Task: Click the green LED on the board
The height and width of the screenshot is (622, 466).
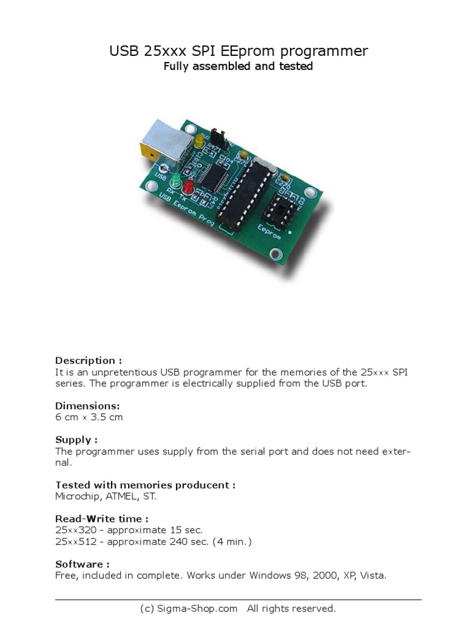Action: click(176, 180)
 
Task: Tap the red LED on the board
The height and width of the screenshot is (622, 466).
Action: click(188, 186)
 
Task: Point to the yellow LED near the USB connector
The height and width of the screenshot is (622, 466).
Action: click(199, 142)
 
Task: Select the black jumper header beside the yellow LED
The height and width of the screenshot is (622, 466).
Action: click(218, 138)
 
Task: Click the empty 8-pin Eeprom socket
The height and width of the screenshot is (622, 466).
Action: click(281, 207)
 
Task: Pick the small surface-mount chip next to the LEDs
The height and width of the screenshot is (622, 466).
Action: click(212, 174)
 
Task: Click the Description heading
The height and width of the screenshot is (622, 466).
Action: click(85, 360)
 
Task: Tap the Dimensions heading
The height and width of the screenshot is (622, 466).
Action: click(87, 405)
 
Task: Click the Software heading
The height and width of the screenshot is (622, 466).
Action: click(82, 564)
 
